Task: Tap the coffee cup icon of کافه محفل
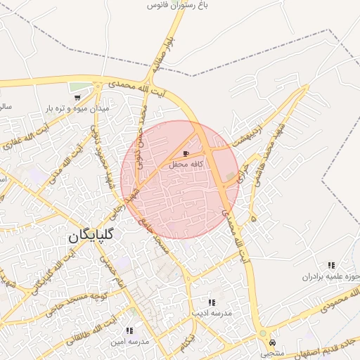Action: coord(186,153)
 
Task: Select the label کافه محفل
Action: coord(186,164)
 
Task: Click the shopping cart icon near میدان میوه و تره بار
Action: coord(76,98)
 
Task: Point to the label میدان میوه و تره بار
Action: coord(75,109)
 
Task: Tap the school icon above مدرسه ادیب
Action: coord(212,302)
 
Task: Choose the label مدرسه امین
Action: coord(129,341)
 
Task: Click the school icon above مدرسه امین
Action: coord(129,330)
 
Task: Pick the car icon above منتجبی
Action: coord(272,342)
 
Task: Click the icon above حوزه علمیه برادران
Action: coord(331,265)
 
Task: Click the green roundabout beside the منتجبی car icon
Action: coord(263,333)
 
